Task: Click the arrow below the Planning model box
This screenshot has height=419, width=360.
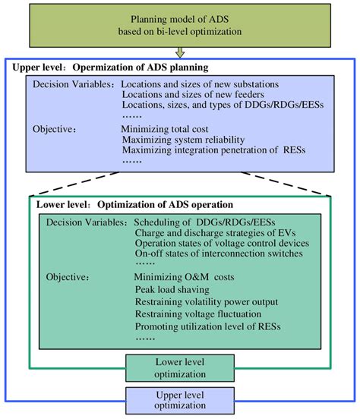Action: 181,52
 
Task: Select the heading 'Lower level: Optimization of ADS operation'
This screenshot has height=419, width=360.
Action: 135,205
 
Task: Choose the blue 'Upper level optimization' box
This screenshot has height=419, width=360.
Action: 181,399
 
